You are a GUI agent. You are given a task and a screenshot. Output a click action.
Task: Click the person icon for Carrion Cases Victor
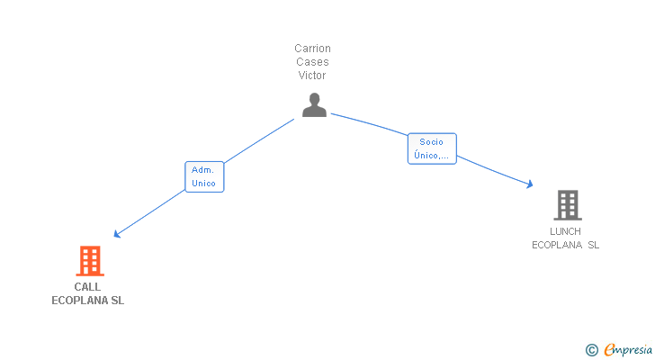[x=314, y=105]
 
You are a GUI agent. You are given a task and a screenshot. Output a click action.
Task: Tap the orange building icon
[x=89, y=261]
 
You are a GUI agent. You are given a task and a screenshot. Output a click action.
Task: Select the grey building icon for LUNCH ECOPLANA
[x=567, y=205]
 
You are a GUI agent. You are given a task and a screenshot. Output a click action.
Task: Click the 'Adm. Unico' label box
[x=203, y=176]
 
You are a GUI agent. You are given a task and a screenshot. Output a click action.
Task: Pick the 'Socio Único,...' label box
[x=432, y=148]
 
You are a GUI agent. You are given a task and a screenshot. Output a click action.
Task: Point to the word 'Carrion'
[x=312, y=49]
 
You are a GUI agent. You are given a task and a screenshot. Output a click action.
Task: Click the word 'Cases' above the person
[x=312, y=62]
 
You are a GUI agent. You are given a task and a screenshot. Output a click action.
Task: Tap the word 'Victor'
[x=312, y=76]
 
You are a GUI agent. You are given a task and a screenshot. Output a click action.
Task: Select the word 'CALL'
[x=88, y=287]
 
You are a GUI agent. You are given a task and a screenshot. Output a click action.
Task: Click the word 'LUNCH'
[x=565, y=231]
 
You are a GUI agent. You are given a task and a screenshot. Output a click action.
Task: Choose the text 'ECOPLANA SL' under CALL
[x=88, y=301]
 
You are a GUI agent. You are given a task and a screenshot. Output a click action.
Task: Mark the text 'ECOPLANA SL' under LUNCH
[x=565, y=245]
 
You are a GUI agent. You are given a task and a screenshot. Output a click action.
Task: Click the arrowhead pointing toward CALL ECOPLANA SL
[x=116, y=235]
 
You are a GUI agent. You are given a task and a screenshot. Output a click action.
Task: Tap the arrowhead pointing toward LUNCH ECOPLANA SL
[x=531, y=184]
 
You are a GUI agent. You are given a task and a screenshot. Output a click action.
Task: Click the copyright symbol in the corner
[x=591, y=350]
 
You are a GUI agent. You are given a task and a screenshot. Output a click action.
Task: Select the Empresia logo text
[x=628, y=350]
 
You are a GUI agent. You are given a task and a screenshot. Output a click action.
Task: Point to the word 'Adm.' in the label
[x=203, y=170]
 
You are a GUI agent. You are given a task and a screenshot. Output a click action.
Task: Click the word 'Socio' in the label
[x=432, y=142]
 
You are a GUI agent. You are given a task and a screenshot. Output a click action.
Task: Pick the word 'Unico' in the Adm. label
[x=203, y=184]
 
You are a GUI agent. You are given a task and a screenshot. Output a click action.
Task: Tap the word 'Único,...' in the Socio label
[x=432, y=156]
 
